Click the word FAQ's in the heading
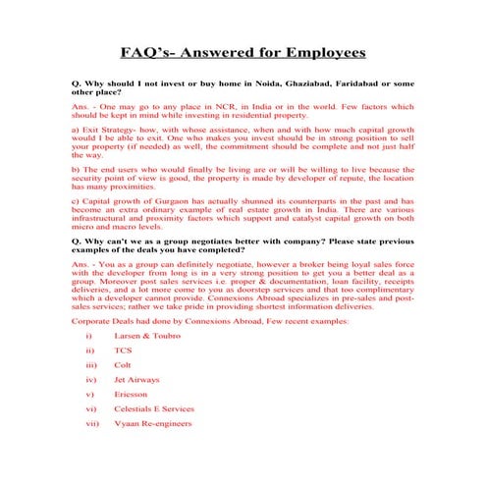click(x=144, y=51)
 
